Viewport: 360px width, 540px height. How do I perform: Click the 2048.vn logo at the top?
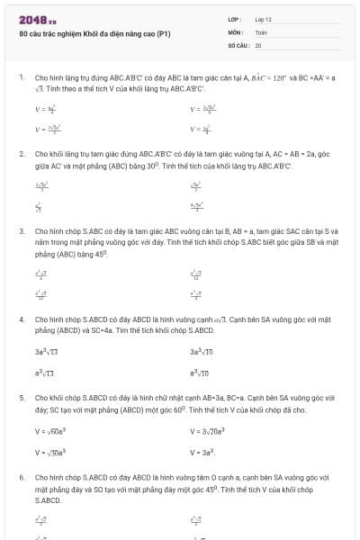[x=37, y=19]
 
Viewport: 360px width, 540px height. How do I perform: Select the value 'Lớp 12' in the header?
[x=263, y=19]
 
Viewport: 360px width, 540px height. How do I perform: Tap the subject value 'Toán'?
[x=261, y=31]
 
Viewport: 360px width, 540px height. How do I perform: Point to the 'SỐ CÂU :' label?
[x=238, y=44]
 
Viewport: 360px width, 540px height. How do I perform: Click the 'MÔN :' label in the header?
[x=236, y=31]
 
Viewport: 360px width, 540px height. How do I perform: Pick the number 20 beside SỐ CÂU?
[x=258, y=44]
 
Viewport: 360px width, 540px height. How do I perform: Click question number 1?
[x=22, y=78]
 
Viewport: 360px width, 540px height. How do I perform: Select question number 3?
[x=22, y=230]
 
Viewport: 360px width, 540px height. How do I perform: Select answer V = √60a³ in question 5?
[x=52, y=431]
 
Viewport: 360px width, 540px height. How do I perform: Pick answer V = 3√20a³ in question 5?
[x=209, y=431]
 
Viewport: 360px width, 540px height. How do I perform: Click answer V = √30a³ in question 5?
[x=52, y=452]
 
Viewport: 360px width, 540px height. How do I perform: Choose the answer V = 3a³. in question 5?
[x=202, y=452]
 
